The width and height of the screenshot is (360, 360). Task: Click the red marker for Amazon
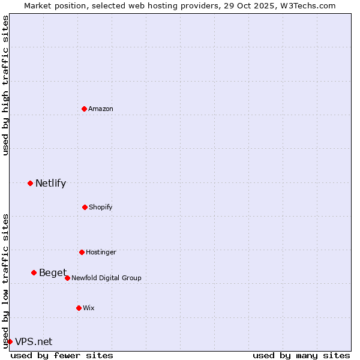[x=84, y=109]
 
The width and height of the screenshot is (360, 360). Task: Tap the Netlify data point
[x=30, y=183]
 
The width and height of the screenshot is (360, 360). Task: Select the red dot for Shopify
[x=85, y=207]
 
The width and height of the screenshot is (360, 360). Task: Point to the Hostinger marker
[x=82, y=252]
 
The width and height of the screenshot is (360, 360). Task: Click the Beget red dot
[x=34, y=272]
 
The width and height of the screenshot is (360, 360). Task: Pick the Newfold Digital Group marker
[x=67, y=278]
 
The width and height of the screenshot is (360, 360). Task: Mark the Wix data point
[x=79, y=308]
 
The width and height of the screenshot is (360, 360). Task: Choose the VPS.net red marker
[x=10, y=341]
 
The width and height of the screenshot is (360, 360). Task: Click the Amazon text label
[x=101, y=109]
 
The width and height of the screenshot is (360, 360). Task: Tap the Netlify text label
[x=50, y=183]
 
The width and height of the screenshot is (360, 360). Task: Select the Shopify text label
[x=101, y=207]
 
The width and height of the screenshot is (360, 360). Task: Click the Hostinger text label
[x=101, y=252]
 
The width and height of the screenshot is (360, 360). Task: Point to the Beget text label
[x=53, y=272]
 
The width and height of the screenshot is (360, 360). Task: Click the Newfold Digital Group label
[x=106, y=278]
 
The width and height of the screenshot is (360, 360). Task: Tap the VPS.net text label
[x=34, y=341]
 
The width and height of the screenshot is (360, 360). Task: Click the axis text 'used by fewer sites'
[x=62, y=355]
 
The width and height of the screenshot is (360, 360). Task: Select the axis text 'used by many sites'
[x=301, y=355]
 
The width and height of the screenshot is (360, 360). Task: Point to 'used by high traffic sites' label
[x=5, y=85]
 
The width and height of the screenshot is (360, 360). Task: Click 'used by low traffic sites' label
[x=5, y=280]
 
